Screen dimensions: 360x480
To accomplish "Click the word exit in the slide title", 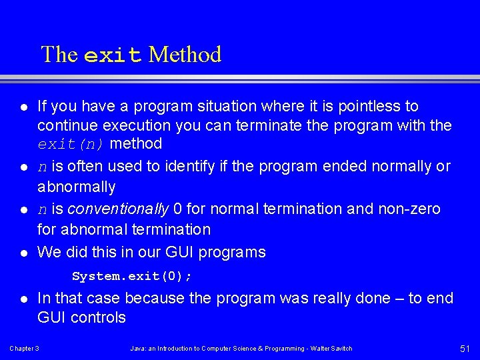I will tap(113, 55).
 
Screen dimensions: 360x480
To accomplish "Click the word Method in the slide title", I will tap(185, 55).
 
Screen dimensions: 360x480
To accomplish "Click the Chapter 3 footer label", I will tap(24, 349).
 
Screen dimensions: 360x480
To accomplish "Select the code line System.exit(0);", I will tap(132, 276).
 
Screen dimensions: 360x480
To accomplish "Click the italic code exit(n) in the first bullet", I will tap(72, 144).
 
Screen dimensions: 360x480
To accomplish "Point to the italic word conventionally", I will tap(118, 209).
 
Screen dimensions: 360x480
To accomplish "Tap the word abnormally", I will tap(76, 187).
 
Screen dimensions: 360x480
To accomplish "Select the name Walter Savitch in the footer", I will tap(330, 349).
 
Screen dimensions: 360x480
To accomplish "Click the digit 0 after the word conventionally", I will tap(177, 209).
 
